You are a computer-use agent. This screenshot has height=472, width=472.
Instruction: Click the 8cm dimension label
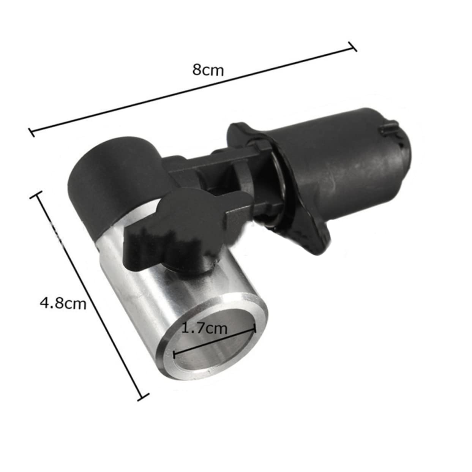pos(208,70)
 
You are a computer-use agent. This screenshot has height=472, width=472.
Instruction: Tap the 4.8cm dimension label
pos(63,303)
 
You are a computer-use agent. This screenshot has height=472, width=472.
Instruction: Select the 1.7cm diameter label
pos(205,327)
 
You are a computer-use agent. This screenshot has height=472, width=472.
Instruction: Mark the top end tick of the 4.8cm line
pos(38,197)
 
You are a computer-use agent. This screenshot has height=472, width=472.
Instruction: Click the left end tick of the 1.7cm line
pos(174,355)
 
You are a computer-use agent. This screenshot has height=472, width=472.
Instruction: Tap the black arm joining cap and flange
pos(201,171)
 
